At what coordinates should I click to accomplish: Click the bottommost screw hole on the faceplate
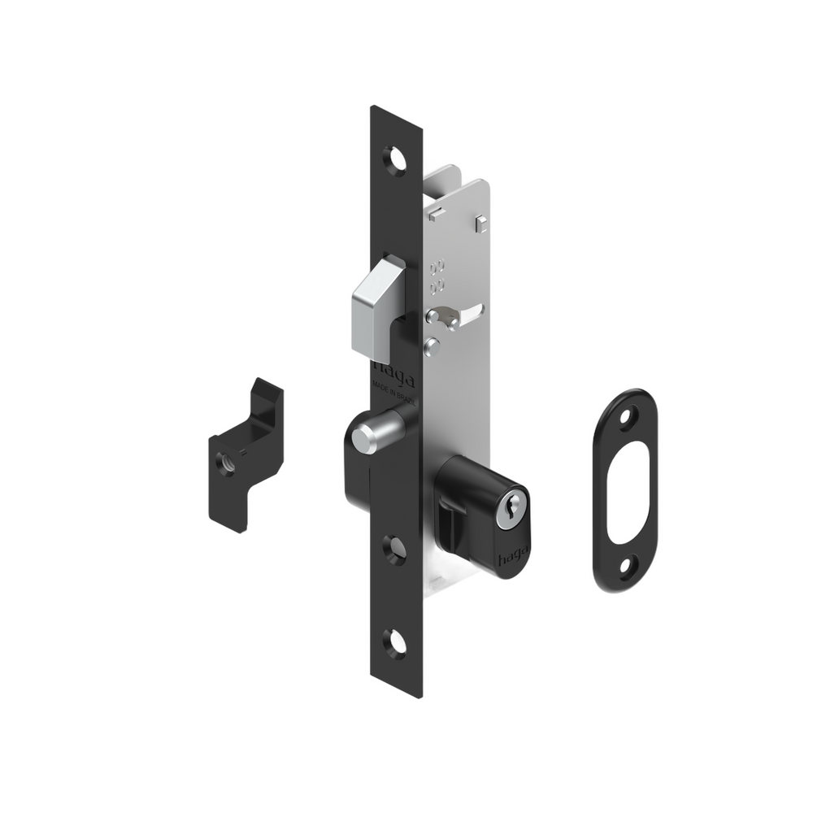coord(397,643)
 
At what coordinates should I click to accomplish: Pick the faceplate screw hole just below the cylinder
coord(396,550)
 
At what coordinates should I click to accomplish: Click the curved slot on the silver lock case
coord(462,313)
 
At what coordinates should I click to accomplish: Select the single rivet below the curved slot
coord(433,347)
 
